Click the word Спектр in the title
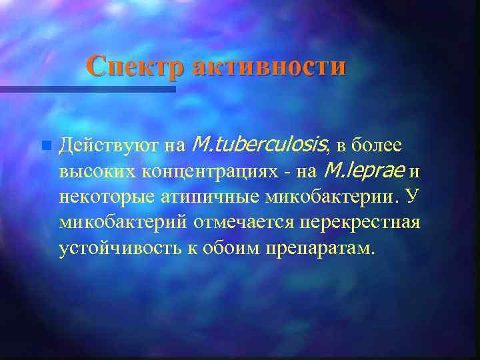click(137, 67)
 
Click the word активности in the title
click(270, 67)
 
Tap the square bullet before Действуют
click(45, 145)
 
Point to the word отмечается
click(243, 222)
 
